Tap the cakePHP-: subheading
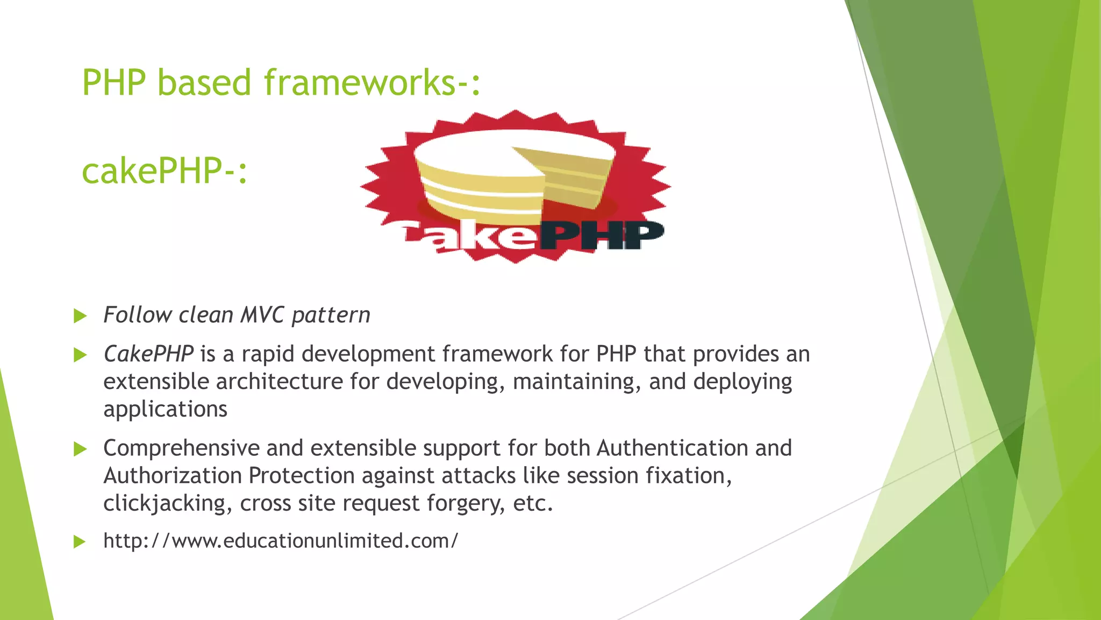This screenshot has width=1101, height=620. [x=165, y=171]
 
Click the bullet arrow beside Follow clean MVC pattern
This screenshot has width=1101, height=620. [x=80, y=316]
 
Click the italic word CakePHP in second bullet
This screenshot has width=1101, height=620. [x=148, y=354]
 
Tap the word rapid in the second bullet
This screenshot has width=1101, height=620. [x=268, y=354]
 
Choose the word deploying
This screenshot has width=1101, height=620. [x=742, y=382]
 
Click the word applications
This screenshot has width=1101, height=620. [x=165, y=410]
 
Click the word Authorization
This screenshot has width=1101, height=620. [x=173, y=476]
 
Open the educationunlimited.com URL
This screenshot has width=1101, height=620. [x=281, y=541]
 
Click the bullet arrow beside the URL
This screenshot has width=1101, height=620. [x=80, y=541]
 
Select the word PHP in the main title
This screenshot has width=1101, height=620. [x=114, y=83]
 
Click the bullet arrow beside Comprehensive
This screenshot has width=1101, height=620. [x=80, y=449]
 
